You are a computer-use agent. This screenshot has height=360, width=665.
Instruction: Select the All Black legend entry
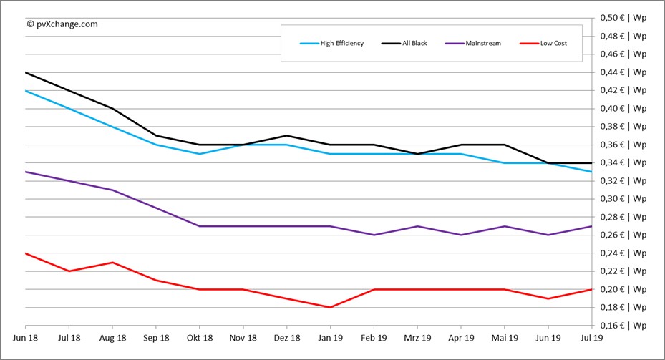pos(414,44)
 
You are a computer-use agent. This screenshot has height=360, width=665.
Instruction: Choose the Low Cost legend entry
pos(553,44)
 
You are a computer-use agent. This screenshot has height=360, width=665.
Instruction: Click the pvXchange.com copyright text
pos(62,24)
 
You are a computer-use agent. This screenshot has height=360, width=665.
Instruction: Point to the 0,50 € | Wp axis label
pos(623,17)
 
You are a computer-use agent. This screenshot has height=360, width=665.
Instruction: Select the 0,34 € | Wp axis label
pos(623,162)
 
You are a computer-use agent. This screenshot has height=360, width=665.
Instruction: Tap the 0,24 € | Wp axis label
pos(623,253)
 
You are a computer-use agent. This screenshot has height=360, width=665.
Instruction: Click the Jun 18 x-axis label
pos(26,337)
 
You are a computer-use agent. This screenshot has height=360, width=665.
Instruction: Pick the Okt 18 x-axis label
pos(200,337)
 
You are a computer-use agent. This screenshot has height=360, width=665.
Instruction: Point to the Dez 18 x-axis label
pos(286,337)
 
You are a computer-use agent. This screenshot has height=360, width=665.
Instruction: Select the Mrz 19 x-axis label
pos(417,337)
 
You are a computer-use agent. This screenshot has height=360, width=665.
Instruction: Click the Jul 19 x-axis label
pos(591,337)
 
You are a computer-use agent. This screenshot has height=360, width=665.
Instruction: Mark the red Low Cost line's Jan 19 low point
pos(330,307)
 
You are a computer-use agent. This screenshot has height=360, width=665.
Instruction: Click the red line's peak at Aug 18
pos(113,262)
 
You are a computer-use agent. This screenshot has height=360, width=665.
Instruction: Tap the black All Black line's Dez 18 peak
pos(286,135)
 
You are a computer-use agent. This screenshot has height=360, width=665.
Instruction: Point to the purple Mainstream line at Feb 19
pos(374,235)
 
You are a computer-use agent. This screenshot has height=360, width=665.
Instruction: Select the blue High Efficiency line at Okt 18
pos(200,154)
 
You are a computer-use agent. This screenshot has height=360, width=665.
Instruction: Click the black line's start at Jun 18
pos(26,72)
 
